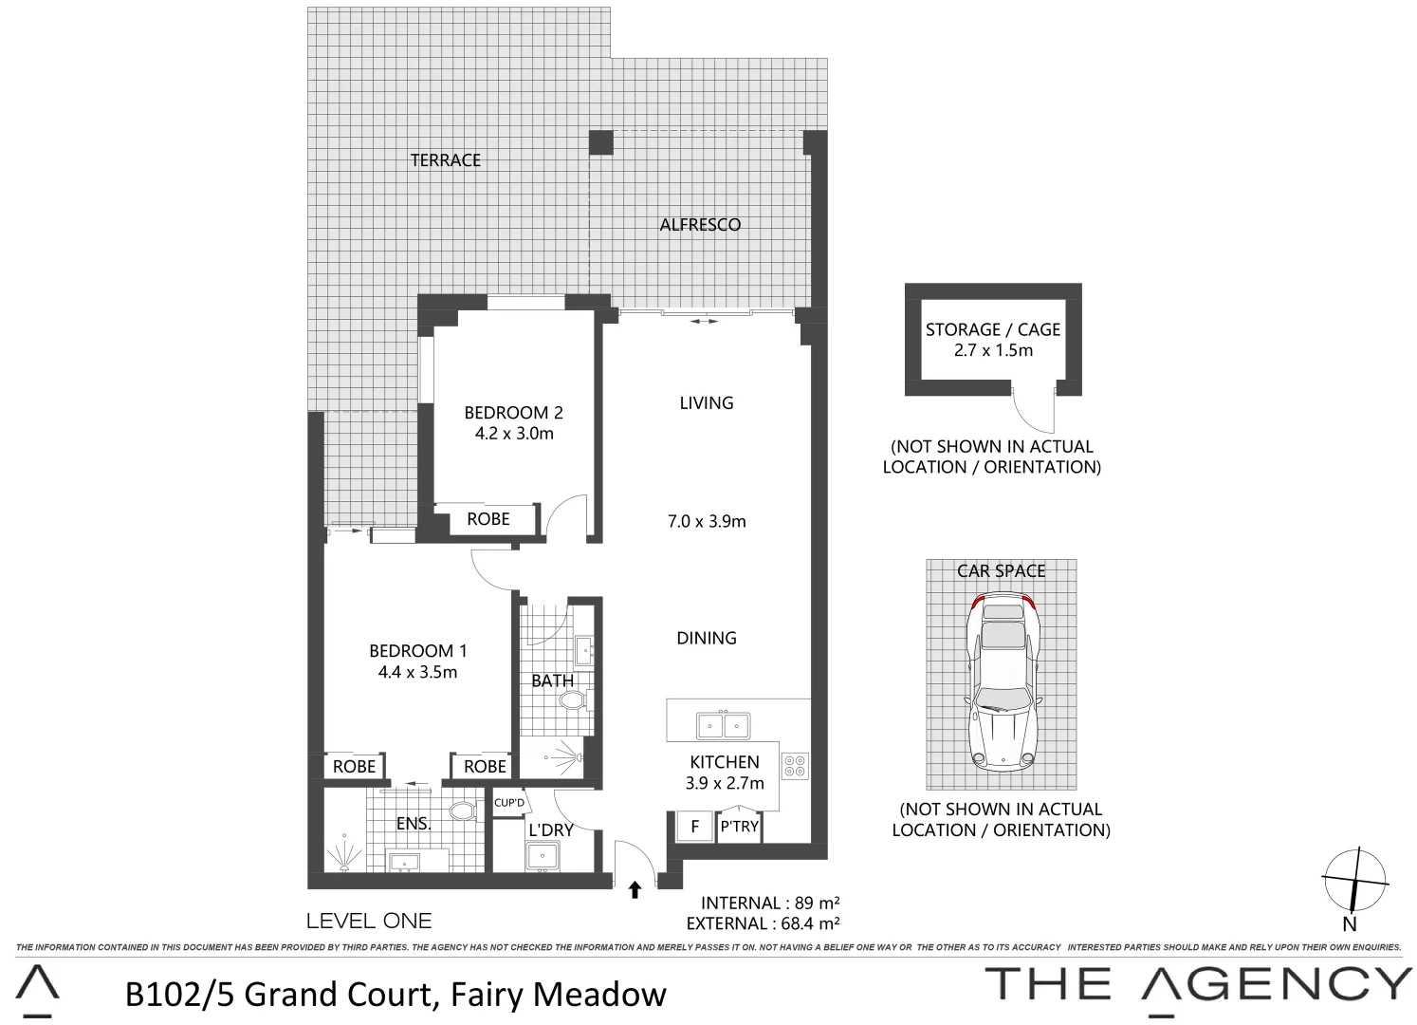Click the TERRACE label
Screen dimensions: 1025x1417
tap(446, 160)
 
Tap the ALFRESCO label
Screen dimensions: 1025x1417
tap(700, 225)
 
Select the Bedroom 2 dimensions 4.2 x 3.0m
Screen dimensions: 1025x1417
tap(514, 434)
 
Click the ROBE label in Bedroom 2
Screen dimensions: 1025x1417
tap(488, 519)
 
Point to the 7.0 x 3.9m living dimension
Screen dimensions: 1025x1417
tap(707, 521)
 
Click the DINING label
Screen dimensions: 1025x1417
tap(707, 638)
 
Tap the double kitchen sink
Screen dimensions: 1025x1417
tap(723, 726)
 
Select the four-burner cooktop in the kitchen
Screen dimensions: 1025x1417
tap(794, 765)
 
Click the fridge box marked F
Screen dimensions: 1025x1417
tap(694, 827)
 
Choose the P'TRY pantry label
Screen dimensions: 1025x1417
tap(739, 827)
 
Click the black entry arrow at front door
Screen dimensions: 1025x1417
tap(635, 889)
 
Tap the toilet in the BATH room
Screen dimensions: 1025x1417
tap(573, 701)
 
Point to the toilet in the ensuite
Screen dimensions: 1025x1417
tap(461, 811)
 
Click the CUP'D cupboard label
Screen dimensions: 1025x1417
tap(509, 803)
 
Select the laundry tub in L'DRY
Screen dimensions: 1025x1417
tap(543, 856)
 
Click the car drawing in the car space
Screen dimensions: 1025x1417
tap(1001, 679)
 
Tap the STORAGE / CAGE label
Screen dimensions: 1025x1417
tap(993, 329)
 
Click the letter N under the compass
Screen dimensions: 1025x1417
tap(1350, 924)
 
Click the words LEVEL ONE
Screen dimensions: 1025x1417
tap(369, 921)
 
